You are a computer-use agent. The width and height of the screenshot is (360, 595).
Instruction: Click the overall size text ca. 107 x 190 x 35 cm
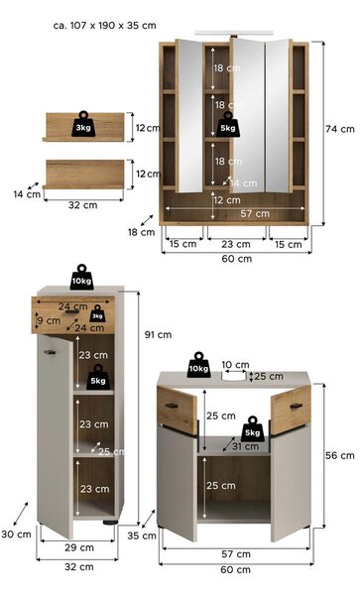tap(105, 26)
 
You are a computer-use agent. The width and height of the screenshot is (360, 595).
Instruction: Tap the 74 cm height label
tap(340, 129)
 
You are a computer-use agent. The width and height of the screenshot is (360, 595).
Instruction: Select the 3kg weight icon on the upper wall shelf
tap(83, 124)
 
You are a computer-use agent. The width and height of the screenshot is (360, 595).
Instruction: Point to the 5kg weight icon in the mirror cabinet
tap(228, 125)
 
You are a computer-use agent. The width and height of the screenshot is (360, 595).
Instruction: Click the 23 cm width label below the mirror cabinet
tap(236, 244)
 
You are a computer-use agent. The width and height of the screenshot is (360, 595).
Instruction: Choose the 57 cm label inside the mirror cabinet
tap(255, 213)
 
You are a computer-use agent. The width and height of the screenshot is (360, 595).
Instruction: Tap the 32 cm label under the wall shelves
tap(82, 205)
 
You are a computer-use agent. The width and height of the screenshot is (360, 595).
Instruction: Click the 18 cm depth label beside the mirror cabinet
tap(141, 232)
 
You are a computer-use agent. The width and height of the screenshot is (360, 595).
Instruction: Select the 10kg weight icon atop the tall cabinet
tap(81, 278)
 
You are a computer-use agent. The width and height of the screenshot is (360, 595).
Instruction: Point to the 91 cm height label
tap(158, 335)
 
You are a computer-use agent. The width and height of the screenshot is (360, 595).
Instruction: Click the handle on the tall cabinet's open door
tap(50, 352)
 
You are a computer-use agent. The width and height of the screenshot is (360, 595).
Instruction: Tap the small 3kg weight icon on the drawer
tap(97, 313)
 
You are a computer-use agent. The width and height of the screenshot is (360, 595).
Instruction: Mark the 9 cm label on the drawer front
tap(50, 320)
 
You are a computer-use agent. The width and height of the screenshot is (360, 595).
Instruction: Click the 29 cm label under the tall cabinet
tap(79, 547)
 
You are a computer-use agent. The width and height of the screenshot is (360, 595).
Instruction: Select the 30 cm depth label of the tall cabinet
tap(16, 535)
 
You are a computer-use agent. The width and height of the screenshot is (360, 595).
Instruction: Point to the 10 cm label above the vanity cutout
tap(235, 365)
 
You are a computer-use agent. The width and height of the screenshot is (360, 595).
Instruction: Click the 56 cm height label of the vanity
tap(340, 455)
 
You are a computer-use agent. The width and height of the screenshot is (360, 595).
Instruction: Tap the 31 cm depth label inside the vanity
tap(245, 446)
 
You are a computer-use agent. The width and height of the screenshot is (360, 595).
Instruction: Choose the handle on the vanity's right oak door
tap(297, 407)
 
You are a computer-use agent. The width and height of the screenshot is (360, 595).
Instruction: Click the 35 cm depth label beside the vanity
tap(142, 535)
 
